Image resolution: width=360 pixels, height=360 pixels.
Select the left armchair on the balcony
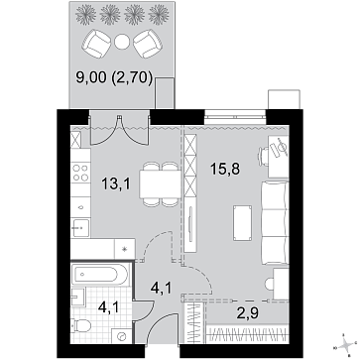click(98, 45)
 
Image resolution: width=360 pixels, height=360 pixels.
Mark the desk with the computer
click(275, 157)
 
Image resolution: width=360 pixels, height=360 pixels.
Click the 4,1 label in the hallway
click(160, 290)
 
